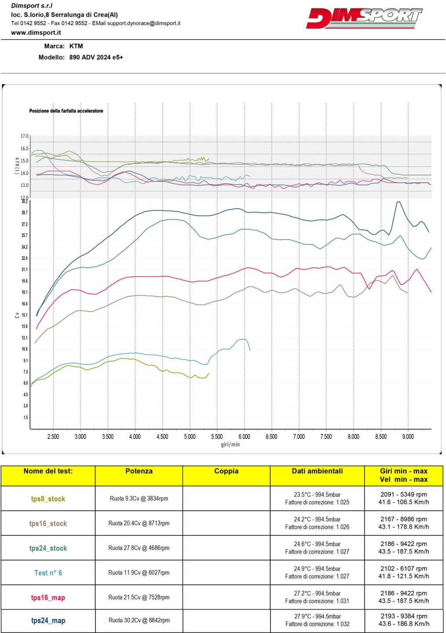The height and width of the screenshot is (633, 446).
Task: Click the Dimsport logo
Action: [364, 18]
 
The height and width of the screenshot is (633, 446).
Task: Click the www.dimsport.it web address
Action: [36, 33]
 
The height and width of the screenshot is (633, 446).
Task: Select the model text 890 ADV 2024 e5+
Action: [96, 57]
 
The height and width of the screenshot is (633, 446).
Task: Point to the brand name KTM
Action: [76, 46]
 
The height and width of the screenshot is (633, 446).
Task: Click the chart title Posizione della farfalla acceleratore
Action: [66, 111]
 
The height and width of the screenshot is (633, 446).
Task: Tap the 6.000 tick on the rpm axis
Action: [244, 437]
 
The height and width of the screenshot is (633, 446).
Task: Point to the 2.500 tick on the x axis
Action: [53, 437]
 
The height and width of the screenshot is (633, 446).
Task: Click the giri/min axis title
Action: [230, 444]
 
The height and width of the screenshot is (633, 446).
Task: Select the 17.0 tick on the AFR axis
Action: [24, 136]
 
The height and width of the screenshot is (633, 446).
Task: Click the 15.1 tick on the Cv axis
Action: [25, 315]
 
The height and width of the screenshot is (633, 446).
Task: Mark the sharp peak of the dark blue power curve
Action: [398, 202]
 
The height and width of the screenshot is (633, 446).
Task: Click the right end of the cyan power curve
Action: [250, 350]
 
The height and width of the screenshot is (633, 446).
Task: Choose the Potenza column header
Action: [139, 471]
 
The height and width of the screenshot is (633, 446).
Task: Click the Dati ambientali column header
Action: [317, 471]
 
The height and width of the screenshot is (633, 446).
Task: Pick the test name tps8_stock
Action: [48, 499]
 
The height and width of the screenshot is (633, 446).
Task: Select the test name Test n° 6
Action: [48, 573]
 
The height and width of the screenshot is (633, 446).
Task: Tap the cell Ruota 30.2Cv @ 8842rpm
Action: [139, 620]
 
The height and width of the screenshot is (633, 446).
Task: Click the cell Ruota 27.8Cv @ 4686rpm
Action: [139, 548]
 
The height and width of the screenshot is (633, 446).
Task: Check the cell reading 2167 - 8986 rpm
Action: [404, 519]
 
